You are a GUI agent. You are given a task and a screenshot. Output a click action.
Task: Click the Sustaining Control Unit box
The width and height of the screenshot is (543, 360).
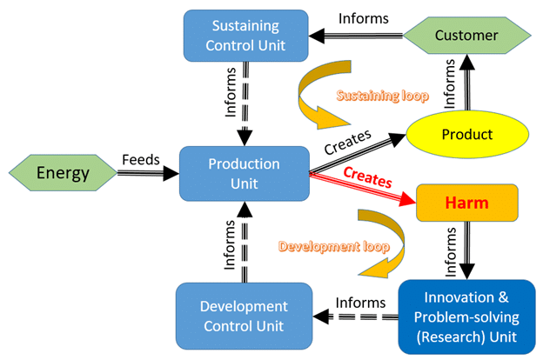pyautogui.click(x=246, y=36)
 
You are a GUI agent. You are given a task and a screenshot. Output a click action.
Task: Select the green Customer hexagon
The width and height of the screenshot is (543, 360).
pyautogui.click(x=466, y=36)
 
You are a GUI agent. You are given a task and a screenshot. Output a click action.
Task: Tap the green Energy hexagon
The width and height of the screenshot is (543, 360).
pyautogui.click(x=63, y=173)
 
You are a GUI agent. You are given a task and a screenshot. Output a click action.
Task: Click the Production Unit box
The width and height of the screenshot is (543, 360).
pyautogui.click(x=245, y=173)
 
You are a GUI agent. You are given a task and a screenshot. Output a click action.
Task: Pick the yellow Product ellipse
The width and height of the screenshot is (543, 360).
pyautogui.click(x=467, y=134)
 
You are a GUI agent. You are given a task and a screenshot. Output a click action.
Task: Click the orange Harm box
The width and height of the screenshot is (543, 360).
pyautogui.click(x=466, y=203)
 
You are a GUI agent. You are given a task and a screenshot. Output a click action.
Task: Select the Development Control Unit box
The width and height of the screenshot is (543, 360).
pyautogui.click(x=245, y=316)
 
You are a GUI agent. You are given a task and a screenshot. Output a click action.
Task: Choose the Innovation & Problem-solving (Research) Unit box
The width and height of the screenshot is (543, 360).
pyautogui.click(x=466, y=317)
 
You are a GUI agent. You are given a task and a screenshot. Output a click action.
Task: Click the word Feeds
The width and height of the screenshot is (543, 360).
pyautogui.click(x=141, y=160)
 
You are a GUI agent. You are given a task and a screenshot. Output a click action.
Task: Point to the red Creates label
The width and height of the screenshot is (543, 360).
pyautogui.click(x=367, y=177)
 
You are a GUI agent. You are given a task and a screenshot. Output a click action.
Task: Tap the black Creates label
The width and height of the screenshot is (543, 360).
pyautogui.click(x=348, y=142)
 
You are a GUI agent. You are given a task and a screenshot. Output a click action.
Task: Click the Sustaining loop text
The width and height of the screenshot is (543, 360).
pyautogui.click(x=383, y=96)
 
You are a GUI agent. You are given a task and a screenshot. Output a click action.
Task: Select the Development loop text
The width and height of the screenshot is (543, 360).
pyautogui.click(x=334, y=246)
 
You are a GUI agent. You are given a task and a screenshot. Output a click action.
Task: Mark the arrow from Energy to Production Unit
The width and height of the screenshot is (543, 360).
pyautogui.click(x=148, y=173)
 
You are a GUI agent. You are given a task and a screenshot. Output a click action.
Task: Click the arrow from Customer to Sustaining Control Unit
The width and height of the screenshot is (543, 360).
pyautogui.click(x=356, y=36)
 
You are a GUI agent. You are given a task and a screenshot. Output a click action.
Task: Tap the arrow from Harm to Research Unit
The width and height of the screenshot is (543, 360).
pyautogui.click(x=467, y=250)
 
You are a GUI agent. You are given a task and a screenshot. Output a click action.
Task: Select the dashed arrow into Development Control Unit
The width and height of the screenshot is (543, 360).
pyautogui.click(x=356, y=317)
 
